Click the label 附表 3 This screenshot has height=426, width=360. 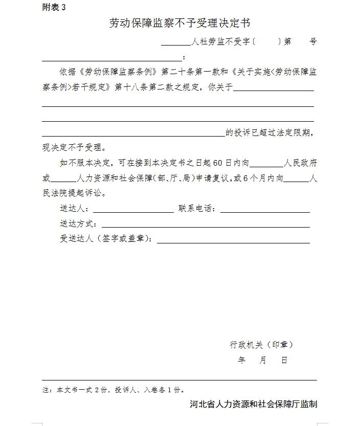pos(54,8)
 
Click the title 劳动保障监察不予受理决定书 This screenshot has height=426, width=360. pos(179,24)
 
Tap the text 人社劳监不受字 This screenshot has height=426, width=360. pos(220,42)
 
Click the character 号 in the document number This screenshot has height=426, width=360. pos(313,42)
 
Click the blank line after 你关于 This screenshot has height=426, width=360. pos(273,90)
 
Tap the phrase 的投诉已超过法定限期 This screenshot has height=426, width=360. pos(268,133)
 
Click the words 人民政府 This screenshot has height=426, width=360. pos(301,164)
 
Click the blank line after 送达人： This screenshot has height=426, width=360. pos(133,211)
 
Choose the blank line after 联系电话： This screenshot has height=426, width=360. pos(265,211)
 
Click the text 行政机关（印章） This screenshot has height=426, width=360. pos(261,345)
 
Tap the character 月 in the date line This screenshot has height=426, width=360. pos(263,361)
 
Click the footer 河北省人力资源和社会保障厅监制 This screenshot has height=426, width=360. pos(253,404)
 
